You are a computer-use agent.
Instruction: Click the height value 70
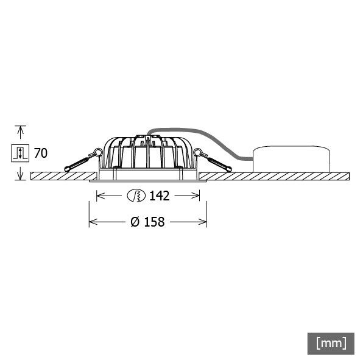(40, 153)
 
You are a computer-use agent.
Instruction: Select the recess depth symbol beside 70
(21, 153)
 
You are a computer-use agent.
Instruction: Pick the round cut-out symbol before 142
(136, 196)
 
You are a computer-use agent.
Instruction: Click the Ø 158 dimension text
(147, 222)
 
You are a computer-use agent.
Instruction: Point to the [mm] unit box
(331, 342)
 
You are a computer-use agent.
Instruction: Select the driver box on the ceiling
(291, 159)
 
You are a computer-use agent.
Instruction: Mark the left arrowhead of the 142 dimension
(100, 196)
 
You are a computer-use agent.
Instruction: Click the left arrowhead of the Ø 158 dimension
(93, 222)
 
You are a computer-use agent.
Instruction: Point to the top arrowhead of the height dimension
(21, 129)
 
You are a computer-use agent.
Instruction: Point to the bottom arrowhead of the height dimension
(21, 176)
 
